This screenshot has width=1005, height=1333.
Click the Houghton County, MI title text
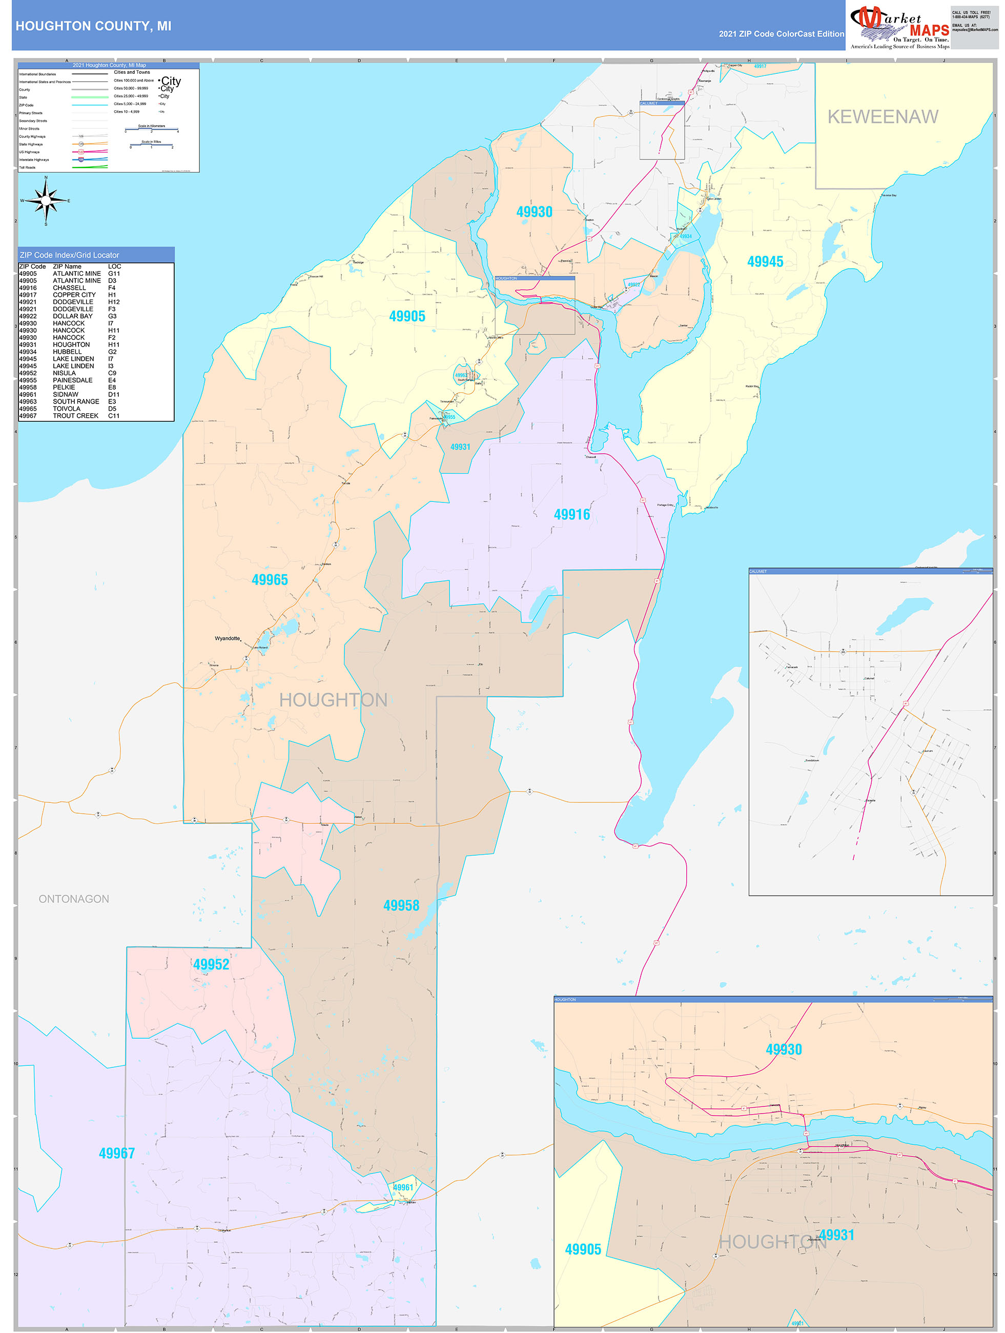click(93, 26)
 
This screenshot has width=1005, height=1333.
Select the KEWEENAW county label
click(882, 117)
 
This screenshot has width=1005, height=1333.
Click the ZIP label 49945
click(765, 261)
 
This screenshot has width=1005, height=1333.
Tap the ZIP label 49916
click(571, 514)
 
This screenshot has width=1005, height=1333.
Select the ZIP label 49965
click(270, 580)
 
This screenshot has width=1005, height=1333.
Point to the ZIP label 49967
click(116, 1153)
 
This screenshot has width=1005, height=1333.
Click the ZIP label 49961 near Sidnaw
click(403, 1187)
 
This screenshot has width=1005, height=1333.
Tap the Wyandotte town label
click(227, 638)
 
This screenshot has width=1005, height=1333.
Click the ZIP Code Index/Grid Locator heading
click(69, 255)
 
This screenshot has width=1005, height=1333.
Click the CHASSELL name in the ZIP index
click(69, 288)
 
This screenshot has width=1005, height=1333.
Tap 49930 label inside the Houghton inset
click(783, 1049)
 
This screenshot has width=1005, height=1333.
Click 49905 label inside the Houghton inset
click(583, 1249)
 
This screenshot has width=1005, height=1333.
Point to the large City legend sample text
click(171, 81)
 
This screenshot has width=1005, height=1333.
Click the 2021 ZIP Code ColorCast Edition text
click(781, 34)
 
